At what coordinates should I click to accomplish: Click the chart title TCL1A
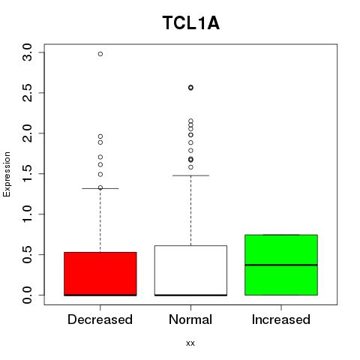pos(191,22)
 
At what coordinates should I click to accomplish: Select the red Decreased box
pos(100,274)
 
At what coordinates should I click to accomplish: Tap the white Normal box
pos(190,271)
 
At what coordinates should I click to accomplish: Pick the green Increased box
pos(281,265)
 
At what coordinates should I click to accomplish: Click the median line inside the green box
pos(281,265)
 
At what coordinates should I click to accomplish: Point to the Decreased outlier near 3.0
pos(100,54)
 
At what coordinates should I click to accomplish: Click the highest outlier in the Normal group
pos(190,88)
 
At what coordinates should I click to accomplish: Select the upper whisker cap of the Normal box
pos(190,175)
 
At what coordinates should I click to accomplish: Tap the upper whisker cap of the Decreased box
pos(100,188)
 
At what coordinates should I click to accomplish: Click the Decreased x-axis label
pos(100,319)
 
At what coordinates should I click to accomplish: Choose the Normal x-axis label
pos(190,319)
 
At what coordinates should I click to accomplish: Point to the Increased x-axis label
pos(281,319)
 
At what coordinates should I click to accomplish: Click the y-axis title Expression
pos(7,174)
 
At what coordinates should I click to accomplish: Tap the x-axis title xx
pos(190,343)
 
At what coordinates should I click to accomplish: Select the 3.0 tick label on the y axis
pos(27,52)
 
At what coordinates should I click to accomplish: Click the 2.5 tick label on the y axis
pos(27,93)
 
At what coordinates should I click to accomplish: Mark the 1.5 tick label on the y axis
pos(27,173)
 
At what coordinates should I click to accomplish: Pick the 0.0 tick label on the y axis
pos(27,295)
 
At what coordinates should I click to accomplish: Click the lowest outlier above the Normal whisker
pos(190,167)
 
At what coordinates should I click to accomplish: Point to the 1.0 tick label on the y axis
pos(27,214)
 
